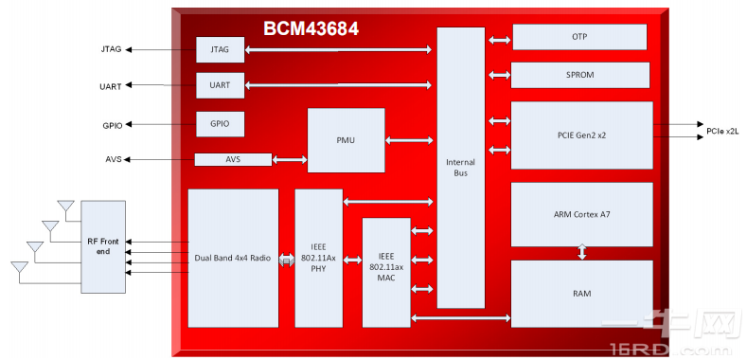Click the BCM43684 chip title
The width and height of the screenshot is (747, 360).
[x=311, y=28]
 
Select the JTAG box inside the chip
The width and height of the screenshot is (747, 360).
[x=220, y=49]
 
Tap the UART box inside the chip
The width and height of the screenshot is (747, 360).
[x=220, y=85]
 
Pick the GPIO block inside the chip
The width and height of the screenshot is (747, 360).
[x=220, y=123]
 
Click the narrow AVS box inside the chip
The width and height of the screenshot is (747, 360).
[x=233, y=159]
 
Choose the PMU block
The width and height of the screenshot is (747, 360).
[x=346, y=140]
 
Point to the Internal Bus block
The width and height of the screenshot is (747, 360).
[x=461, y=168]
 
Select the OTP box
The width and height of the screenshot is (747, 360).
[x=579, y=37]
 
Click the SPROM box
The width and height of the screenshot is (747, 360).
[x=579, y=75]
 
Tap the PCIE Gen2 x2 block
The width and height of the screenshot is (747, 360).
[x=581, y=135]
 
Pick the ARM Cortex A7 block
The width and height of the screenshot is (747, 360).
[x=581, y=214]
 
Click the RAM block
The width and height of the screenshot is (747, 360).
[x=581, y=294]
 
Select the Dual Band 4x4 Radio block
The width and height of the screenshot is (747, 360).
[x=233, y=258]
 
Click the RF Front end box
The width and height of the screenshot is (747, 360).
[x=101, y=246]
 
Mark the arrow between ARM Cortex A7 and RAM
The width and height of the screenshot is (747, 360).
[x=582, y=253]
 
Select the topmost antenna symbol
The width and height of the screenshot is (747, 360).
[x=65, y=206]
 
